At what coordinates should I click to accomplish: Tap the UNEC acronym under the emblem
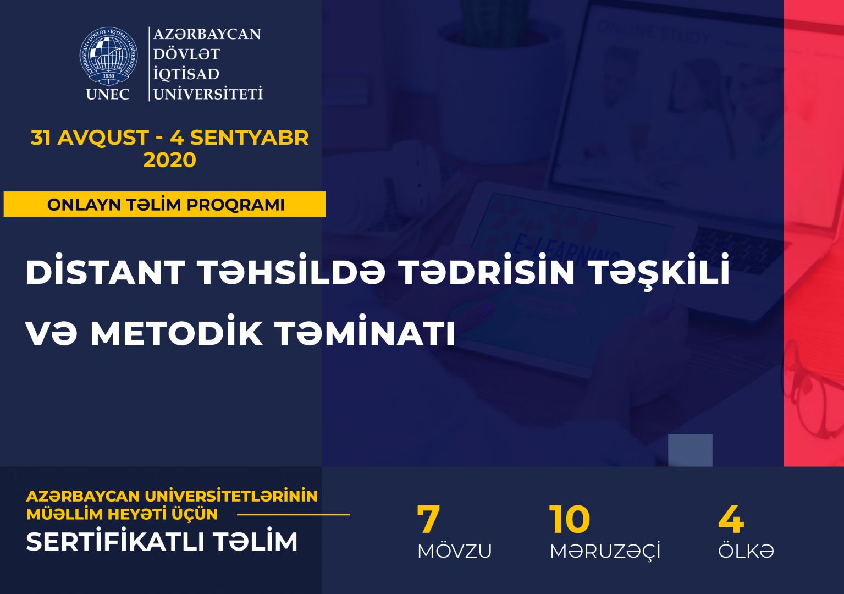click(x=108, y=94)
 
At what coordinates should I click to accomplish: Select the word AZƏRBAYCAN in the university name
click(x=207, y=34)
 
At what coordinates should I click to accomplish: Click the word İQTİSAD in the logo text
click(x=186, y=74)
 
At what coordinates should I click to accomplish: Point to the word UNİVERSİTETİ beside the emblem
click(x=208, y=94)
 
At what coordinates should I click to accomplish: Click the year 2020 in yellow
click(x=169, y=160)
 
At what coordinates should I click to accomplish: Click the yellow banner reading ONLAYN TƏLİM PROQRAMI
click(x=165, y=205)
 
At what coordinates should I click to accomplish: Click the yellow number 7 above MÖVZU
click(x=428, y=520)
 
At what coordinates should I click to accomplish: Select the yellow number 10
click(x=570, y=520)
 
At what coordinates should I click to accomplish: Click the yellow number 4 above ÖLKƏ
click(x=731, y=520)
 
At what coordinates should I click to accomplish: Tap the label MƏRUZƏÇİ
click(x=605, y=551)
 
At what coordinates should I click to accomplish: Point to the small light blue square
click(x=690, y=450)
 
